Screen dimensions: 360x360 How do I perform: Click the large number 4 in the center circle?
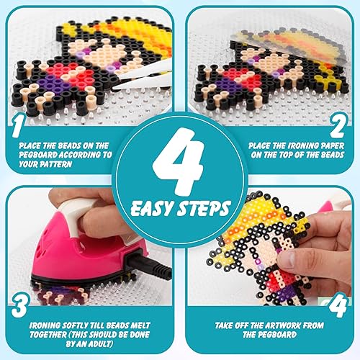point(180,167)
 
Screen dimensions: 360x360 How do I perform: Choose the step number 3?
point(19,300)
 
